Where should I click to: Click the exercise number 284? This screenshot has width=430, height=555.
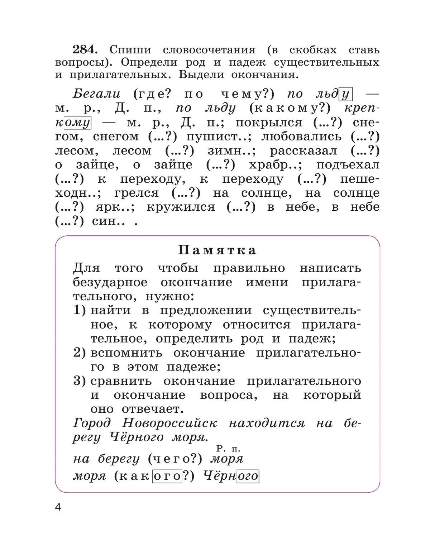pyautogui.click(x=85, y=49)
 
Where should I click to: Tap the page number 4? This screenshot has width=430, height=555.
pyautogui.click(x=58, y=507)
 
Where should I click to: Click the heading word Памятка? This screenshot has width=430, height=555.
pyautogui.click(x=217, y=250)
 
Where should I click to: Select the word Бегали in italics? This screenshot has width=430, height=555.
pyautogui.click(x=97, y=94)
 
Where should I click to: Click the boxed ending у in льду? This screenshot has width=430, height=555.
pyautogui.click(x=345, y=94)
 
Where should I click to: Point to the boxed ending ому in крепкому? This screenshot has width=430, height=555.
pyautogui.click(x=77, y=123)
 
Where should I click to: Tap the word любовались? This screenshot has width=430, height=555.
pyautogui.click(x=301, y=137)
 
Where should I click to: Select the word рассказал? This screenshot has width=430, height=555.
pyautogui.click(x=304, y=151)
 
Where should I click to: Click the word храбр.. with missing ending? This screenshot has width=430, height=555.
pyautogui.click(x=275, y=165)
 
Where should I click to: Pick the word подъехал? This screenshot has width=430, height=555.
pyautogui.click(x=348, y=165)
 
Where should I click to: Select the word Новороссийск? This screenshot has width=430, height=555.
pyautogui.click(x=169, y=423)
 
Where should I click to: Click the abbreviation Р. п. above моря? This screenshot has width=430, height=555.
pyautogui.click(x=228, y=449)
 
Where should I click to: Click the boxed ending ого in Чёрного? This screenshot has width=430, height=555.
pyautogui.click(x=248, y=476)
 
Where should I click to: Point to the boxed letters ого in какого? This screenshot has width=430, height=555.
pyautogui.click(x=167, y=476)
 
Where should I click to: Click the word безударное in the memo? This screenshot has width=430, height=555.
pyautogui.click(x=110, y=282)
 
